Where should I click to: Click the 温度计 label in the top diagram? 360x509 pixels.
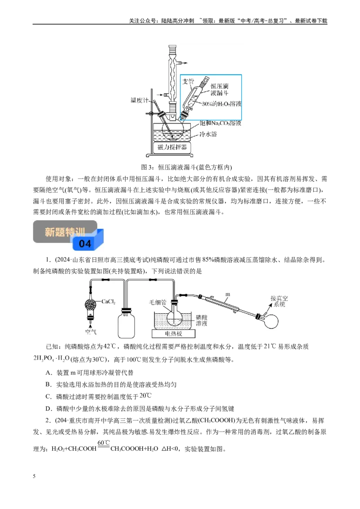tap(139, 100)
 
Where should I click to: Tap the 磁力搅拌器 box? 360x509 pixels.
tap(172, 147)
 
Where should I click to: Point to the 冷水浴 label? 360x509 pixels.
tap(208, 134)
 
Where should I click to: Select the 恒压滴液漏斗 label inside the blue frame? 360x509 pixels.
tap(219, 89)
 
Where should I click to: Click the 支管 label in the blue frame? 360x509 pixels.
tap(188, 81)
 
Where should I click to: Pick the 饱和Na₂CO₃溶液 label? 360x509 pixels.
tap(220, 123)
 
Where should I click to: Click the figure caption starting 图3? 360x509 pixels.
tap(186, 167)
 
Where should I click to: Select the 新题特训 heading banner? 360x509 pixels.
tap(65, 232)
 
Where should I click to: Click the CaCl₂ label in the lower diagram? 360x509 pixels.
tap(108, 302)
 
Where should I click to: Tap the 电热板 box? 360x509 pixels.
tap(174, 334)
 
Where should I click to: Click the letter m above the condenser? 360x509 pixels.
tap(228, 294)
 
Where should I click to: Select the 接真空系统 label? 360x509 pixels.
tap(279, 301)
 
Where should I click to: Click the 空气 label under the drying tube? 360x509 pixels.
tap(90, 332)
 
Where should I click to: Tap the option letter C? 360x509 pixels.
tap(48, 396)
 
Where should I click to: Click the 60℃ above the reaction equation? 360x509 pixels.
tap(103, 442)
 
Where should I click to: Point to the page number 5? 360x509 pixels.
tap(34, 476)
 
